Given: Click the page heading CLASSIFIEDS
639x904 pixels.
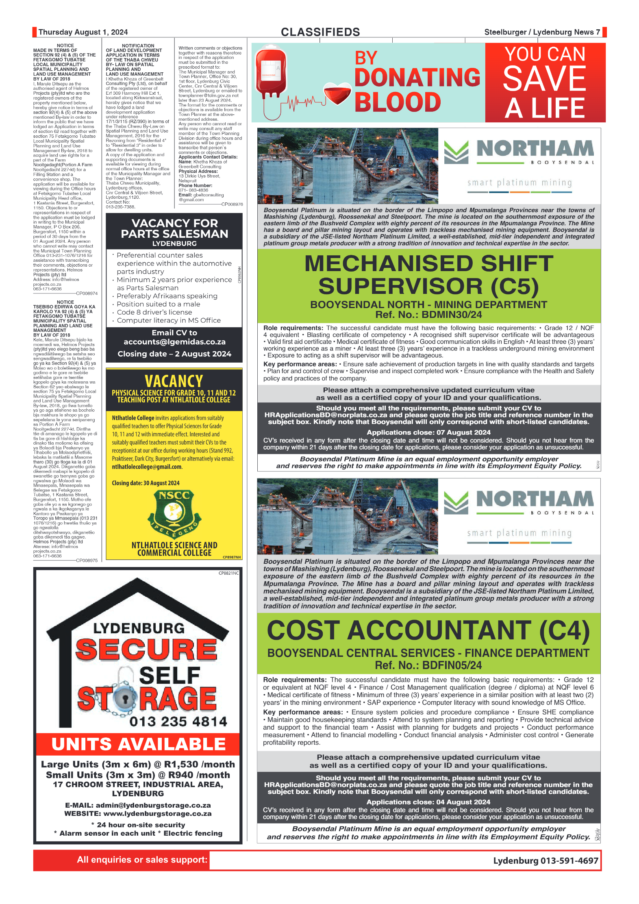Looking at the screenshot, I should click(x=320, y=32).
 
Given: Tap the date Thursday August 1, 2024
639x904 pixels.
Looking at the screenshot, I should click(x=83, y=32).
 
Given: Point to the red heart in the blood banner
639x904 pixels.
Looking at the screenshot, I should click(x=337, y=94).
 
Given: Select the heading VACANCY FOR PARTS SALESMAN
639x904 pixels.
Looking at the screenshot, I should click(x=174, y=229).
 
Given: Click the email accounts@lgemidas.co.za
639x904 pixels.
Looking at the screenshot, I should click(x=174, y=342).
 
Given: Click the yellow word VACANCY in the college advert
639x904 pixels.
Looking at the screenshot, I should click(x=174, y=381).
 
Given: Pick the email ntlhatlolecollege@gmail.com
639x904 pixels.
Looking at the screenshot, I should click(x=147, y=467).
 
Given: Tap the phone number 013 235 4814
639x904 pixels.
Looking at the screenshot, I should click(x=178, y=721).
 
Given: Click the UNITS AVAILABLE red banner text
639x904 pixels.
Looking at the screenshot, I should click(x=138, y=744).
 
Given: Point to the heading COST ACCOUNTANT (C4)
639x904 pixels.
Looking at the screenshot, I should click(x=428, y=630).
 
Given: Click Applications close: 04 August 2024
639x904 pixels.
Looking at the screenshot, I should click(x=428, y=802).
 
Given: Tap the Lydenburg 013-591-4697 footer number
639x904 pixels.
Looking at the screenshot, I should click(x=546, y=861).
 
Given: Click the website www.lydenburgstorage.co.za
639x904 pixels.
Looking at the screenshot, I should click(x=157, y=813).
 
